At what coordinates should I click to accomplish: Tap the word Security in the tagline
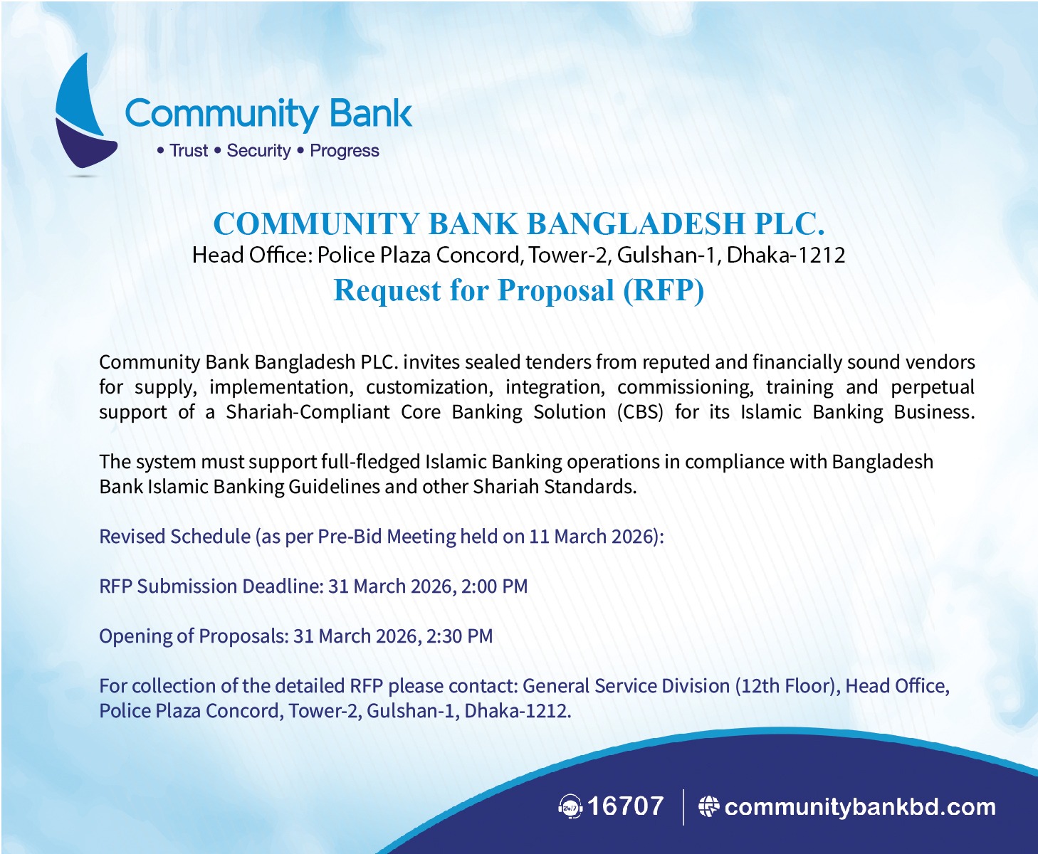[259, 151]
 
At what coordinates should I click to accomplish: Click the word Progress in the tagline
[345, 151]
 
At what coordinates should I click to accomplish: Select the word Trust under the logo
[189, 151]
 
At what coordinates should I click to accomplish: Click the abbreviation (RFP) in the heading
[664, 290]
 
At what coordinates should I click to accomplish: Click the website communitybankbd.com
[860, 807]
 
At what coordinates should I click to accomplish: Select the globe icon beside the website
[709, 807]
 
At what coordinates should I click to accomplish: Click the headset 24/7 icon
[570, 807]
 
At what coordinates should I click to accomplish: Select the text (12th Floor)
[788, 686]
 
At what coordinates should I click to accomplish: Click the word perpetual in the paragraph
[933, 387]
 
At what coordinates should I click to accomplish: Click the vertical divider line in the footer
[683, 807]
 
